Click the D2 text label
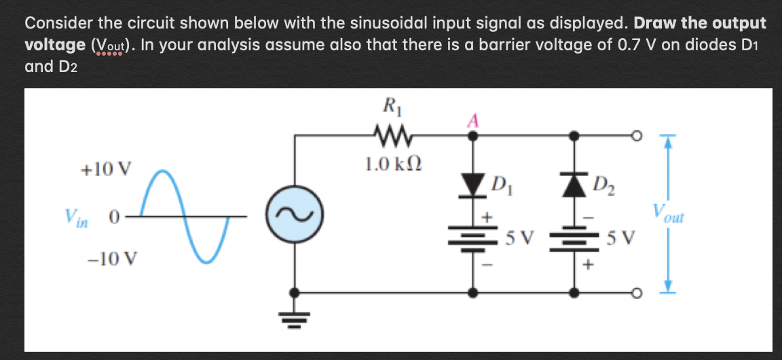[x=603, y=183]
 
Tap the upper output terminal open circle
[x=637, y=136]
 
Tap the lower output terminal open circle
[x=637, y=293]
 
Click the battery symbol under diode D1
[x=472, y=240]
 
